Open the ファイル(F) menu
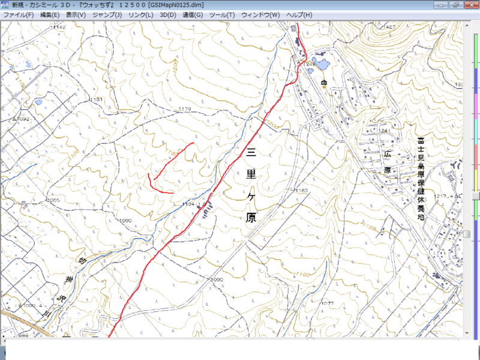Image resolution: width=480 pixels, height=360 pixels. (19, 14)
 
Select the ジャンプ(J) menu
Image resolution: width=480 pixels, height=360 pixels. (107, 14)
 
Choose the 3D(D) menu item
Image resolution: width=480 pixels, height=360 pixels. (168, 14)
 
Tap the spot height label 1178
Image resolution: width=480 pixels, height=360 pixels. (184, 109)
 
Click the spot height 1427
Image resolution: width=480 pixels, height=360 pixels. (390, 28)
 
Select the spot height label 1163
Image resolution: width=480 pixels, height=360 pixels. (301, 190)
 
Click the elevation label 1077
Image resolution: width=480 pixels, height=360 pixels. (327, 304)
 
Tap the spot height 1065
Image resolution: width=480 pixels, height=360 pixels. (53, 200)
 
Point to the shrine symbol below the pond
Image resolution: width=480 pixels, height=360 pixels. (324, 82)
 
